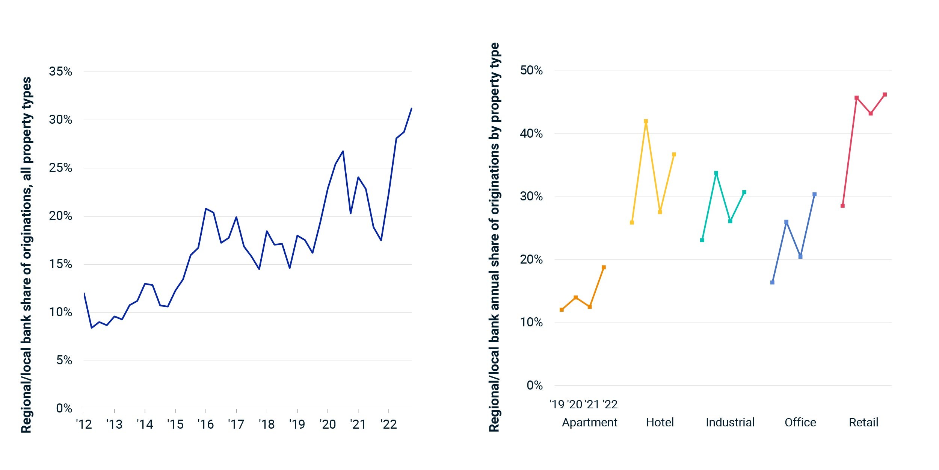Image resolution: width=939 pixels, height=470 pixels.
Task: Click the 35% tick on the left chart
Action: click(60, 71)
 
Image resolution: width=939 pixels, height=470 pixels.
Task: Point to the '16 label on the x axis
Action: click(205, 425)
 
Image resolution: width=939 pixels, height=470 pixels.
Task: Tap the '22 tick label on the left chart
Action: click(388, 425)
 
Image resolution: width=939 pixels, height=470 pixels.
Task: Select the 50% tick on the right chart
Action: click(531, 70)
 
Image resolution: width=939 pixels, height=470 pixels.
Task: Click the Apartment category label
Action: click(589, 423)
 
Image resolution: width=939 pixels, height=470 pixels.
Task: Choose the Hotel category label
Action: click(660, 422)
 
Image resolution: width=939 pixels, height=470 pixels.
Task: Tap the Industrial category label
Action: click(730, 422)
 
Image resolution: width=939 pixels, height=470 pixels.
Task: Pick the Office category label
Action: click(800, 422)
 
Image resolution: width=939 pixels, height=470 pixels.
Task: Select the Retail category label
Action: click(864, 422)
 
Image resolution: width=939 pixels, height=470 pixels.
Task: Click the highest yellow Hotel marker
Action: click(646, 121)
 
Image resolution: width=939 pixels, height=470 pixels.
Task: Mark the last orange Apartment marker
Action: click(604, 267)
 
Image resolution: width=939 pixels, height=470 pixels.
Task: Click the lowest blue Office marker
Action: click(772, 282)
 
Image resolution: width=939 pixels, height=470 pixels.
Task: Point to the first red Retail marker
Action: click(842, 206)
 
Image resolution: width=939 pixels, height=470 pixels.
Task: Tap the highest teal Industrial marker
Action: click(716, 173)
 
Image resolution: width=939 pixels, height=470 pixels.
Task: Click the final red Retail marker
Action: click(885, 95)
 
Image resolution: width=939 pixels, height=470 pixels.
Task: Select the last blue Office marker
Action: click(814, 194)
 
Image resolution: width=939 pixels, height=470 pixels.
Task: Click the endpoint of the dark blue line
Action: click(411, 109)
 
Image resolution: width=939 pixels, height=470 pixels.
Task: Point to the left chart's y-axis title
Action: click(26, 255)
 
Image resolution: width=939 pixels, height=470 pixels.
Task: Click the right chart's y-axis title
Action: click(494, 237)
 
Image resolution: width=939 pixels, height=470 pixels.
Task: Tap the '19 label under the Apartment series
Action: click(557, 405)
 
